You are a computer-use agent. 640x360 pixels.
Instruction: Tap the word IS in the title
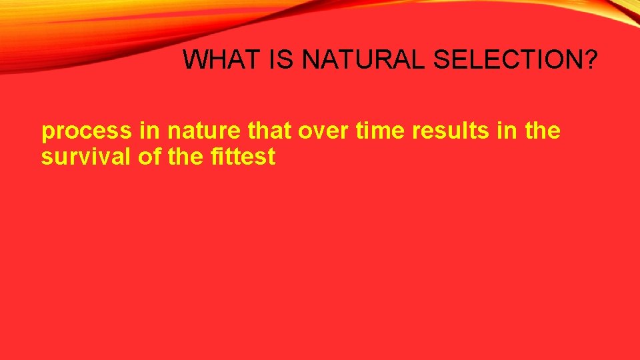tap(282, 60)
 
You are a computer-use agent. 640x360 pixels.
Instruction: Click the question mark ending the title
tap(590, 60)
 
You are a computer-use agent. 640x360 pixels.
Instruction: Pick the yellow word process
tap(87, 132)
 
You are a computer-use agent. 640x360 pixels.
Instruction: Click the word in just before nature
tap(150, 131)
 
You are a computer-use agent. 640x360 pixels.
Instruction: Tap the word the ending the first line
tap(542, 131)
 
